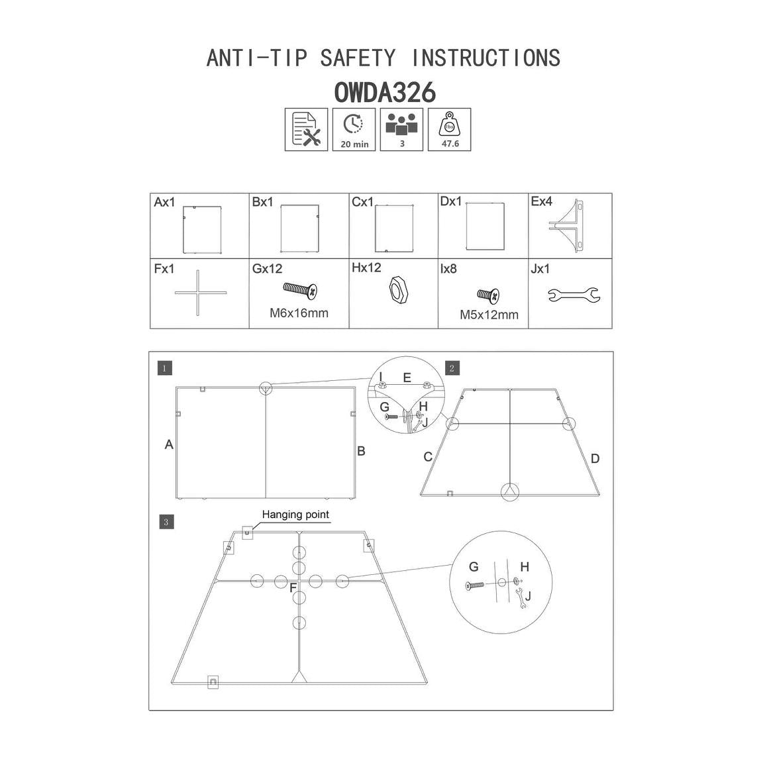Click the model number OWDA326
coord(384,93)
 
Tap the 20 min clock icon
coord(354,129)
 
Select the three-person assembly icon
coord(401,129)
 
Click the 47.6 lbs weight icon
coord(449,129)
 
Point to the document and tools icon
coord(306,129)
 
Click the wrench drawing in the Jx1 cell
coord(574,294)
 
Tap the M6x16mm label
coord(299,313)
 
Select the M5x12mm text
coord(489,315)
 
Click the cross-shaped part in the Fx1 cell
coord(198,293)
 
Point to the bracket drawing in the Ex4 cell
coord(566,226)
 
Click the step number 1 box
coord(164,368)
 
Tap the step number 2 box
coord(452,368)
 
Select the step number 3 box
coord(166,522)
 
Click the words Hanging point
coord(295,515)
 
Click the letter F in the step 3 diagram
coord(293,588)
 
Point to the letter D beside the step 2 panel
coord(595,458)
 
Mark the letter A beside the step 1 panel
coord(169,444)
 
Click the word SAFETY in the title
coord(358,58)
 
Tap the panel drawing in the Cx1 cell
coord(394,229)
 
